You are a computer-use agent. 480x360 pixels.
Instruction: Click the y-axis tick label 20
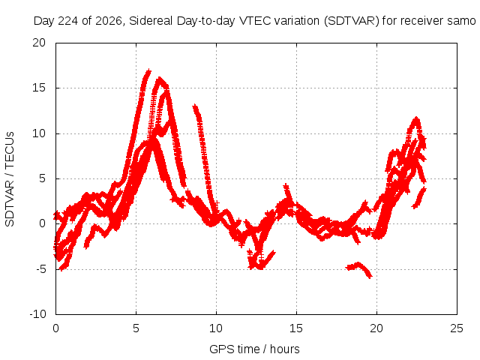(x=39, y=43)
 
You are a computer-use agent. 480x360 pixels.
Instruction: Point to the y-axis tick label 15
(x=39, y=88)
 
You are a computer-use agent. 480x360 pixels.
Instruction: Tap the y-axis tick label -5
(x=40, y=269)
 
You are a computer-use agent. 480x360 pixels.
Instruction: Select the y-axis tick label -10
(x=37, y=314)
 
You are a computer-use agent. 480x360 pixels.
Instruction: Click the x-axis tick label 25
(x=457, y=328)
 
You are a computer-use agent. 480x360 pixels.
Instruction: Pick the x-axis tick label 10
(x=216, y=328)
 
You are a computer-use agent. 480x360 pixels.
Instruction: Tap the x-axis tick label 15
(x=296, y=328)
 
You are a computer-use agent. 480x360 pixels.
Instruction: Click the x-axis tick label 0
(x=55, y=328)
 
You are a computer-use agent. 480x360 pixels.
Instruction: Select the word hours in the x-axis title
(x=285, y=349)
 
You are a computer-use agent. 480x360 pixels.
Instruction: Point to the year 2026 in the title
(x=109, y=21)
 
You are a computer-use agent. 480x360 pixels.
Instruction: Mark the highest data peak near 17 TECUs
(x=148, y=71)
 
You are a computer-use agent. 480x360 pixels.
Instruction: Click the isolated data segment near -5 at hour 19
(x=358, y=269)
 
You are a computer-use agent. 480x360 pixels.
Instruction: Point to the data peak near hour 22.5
(x=416, y=118)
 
